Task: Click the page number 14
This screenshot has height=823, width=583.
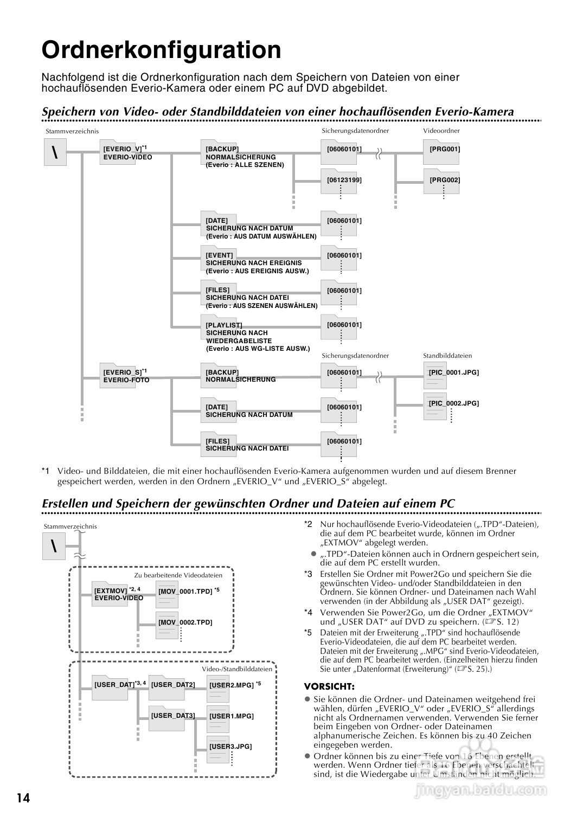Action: pos(23,798)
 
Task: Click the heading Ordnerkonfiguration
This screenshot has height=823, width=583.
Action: pos(162,50)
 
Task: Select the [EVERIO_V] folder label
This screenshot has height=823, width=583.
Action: pos(123,149)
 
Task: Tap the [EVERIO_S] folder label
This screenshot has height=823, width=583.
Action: pos(123,372)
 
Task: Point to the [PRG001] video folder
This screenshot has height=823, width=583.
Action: pos(444,149)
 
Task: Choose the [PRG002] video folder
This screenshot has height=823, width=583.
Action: pos(444,180)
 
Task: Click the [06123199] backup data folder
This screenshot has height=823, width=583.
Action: pos(344,180)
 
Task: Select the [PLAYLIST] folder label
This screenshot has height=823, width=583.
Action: pos(224,325)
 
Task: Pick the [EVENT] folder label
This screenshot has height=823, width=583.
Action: pos(219,255)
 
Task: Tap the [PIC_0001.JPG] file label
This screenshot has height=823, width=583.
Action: pos(453,372)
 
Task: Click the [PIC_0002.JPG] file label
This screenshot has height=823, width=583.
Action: pos(453,403)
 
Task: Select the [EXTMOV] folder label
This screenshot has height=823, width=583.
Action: pos(110,591)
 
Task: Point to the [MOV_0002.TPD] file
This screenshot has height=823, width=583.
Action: pos(185,622)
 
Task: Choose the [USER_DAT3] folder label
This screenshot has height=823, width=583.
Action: pos(172,716)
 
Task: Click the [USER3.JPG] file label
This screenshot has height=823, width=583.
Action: pos(230,747)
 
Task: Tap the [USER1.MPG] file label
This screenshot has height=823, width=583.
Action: pos(231,716)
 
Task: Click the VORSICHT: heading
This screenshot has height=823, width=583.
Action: pos(329,686)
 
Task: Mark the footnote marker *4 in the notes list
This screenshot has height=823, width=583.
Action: pos(308,613)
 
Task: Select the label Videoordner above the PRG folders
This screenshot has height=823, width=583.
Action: pos(441,131)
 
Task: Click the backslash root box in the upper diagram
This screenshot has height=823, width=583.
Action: pos(55,152)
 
